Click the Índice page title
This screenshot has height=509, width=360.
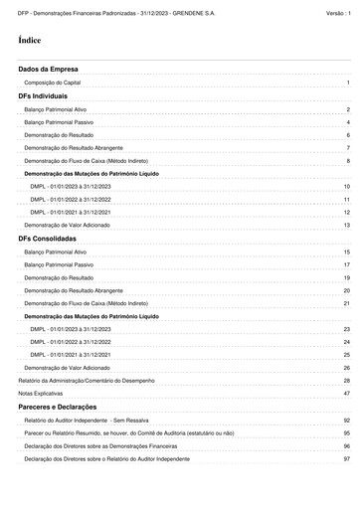click(x=29, y=41)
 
